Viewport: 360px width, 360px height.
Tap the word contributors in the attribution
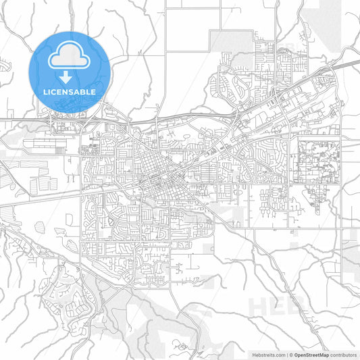click(342, 354)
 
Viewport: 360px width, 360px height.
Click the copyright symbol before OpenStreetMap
click(291, 354)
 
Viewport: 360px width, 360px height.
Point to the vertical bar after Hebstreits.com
click(286, 354)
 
